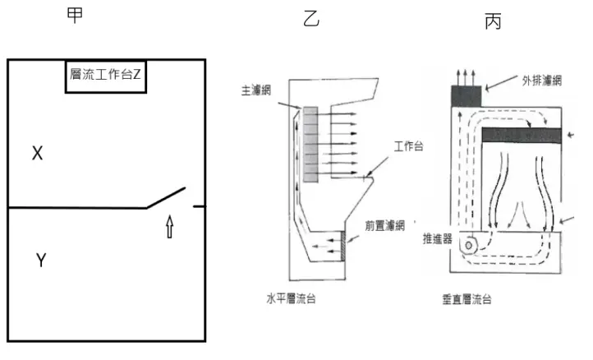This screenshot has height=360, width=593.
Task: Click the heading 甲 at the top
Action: pyautogui.click(x=75, y=18)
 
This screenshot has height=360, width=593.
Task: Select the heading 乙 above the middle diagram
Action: pyautogui.click(x=311, y=20)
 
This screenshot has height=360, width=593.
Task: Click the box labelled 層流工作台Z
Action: pyautogui.click(x=106, y=76)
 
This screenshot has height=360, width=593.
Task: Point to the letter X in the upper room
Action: pyautogui.click(x=37, y=153)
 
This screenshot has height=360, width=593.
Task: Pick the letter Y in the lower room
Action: pyautogui.click(x=40, y=261)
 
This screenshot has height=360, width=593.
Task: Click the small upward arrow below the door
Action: pyautogui.click(x=170, y=227)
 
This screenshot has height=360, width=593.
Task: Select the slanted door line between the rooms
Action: pyautogui.click(x=168, y=197)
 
